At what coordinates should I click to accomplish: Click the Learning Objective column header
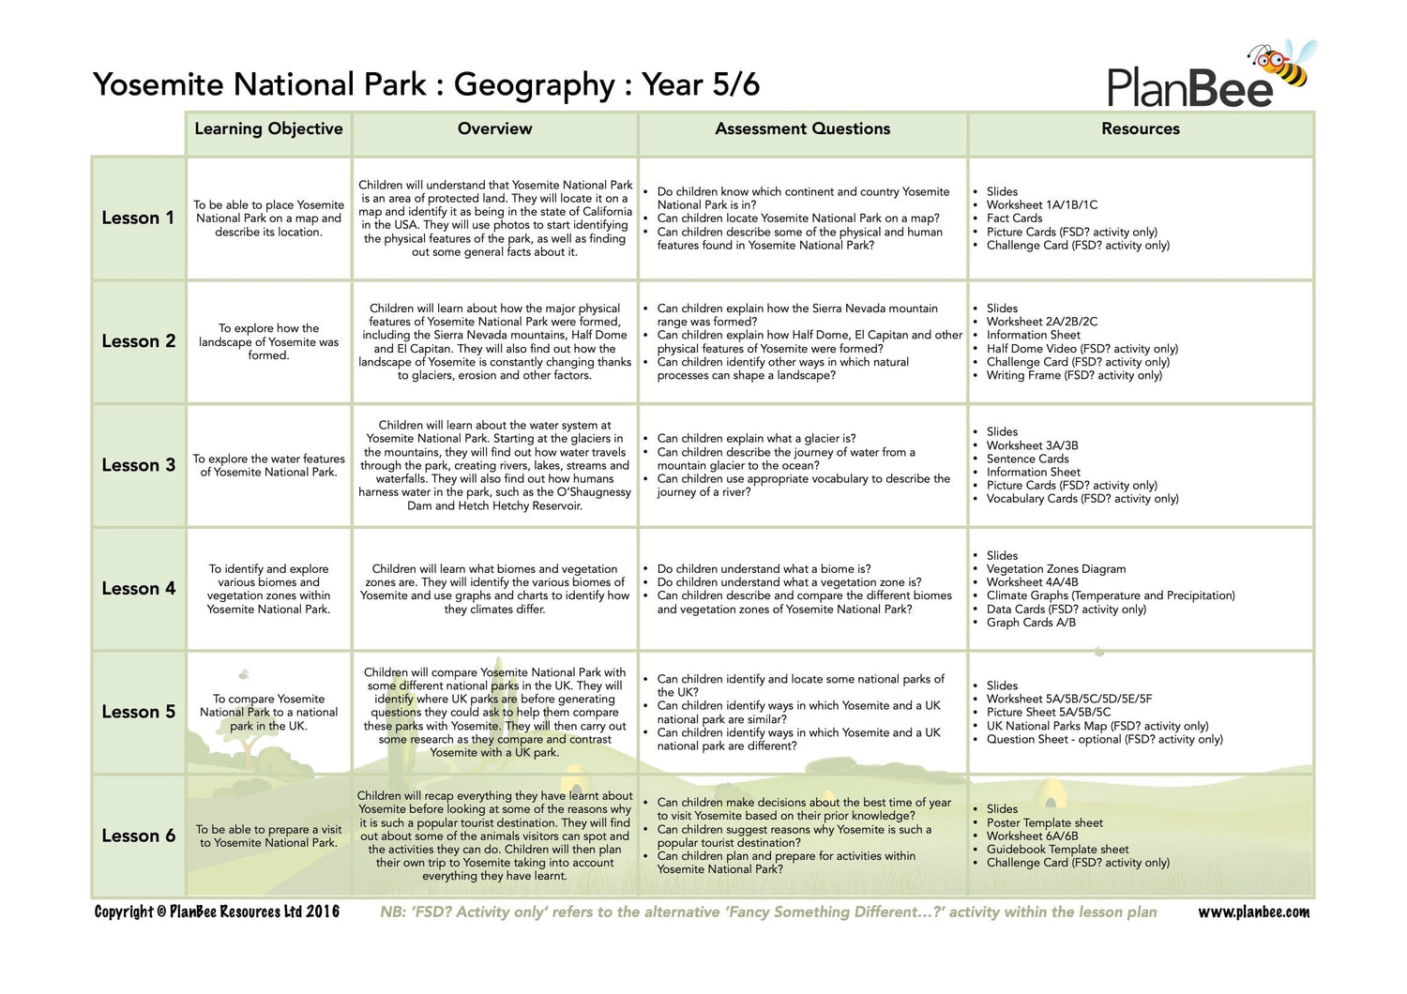point(268,129)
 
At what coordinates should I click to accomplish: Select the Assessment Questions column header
point(802,129)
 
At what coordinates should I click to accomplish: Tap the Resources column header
point(1140,129)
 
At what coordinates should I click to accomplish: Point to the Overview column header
point(494,129)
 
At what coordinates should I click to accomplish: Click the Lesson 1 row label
point(138,218)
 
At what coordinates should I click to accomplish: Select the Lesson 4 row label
point(138,589)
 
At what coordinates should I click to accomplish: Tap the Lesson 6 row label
point(138,836)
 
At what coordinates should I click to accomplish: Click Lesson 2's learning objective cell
point(268,341)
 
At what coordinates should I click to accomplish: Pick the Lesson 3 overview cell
point(494,465)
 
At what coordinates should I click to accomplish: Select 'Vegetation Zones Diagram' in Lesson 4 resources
point(1055,569)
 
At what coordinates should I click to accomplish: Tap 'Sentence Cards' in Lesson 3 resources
point(1027,459)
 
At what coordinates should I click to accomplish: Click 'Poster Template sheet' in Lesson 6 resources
point(1044,822)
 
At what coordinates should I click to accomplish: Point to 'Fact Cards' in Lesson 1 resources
point(1014,218)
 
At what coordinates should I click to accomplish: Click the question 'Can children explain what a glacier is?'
point(756,438)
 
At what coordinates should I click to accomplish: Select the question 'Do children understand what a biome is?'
point(764,569)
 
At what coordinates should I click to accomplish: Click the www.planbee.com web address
point(1253,912)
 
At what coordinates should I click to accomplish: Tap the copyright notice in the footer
point(217,912)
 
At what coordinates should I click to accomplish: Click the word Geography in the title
point(534,84)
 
